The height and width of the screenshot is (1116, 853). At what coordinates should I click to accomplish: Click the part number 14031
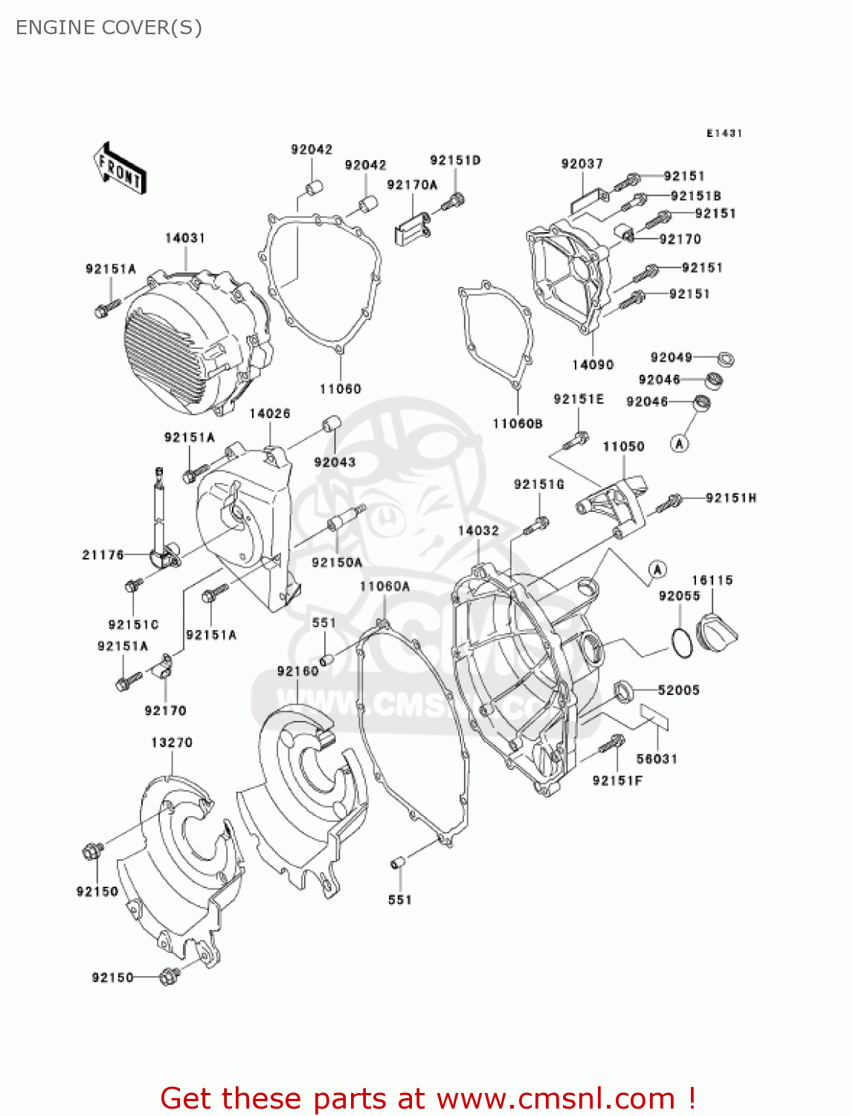(184, 238)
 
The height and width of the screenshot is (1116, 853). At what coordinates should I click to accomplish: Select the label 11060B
(518, 423)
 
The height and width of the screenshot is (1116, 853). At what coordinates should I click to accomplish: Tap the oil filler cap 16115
(718, 633)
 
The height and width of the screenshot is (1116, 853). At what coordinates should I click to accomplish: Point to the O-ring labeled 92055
(681, 643)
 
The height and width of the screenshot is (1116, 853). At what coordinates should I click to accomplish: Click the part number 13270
(172, 743)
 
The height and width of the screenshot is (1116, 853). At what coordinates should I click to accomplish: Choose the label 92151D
(455, 160)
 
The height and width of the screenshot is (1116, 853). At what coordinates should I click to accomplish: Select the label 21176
(103, 554)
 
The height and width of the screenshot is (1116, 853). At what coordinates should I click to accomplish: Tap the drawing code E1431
(724, 133)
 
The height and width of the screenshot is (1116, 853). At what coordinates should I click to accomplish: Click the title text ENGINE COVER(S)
(109, 28)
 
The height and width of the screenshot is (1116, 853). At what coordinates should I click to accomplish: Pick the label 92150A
(337, 562)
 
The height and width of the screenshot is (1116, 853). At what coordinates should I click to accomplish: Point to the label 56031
(657, 758)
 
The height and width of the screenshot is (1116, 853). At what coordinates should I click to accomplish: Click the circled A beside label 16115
(657, 570)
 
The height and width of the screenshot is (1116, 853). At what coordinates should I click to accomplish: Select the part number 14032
(478, 530)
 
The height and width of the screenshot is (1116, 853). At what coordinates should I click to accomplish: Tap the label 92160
(297, 671)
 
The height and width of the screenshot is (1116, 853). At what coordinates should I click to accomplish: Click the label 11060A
(384, 586)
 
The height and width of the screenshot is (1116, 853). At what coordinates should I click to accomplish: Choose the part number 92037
(582, 164)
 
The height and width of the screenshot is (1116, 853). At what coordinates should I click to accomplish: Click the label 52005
(678, 690)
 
